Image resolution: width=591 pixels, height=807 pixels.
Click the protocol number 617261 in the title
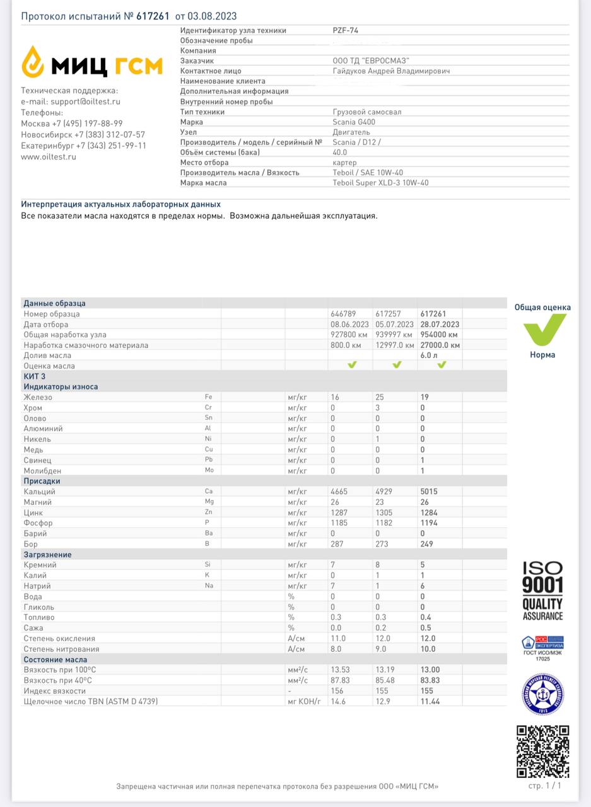coord(153,16)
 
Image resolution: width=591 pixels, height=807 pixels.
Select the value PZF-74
coord(346,30)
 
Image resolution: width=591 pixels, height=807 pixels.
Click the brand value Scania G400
coord(354,122)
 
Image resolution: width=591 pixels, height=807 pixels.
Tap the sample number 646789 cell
coord(344,313)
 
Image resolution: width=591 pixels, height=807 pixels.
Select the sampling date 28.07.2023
coord(439,324)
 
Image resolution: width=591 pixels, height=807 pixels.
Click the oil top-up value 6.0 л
coord(429,356)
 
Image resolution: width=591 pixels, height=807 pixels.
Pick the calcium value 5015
coord(429,492)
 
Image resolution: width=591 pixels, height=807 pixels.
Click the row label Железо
coord(38,397)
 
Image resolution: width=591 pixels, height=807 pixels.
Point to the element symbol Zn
coord(209,513)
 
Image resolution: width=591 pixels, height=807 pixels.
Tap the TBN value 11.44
coord(431,701)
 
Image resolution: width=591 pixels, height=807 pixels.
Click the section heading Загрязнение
coord(47,555)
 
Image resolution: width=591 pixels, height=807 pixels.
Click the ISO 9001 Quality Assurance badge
coord(542,591)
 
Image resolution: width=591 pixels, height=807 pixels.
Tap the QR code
coord(542,751)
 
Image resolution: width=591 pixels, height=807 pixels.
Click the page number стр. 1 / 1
coord(544,786)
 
